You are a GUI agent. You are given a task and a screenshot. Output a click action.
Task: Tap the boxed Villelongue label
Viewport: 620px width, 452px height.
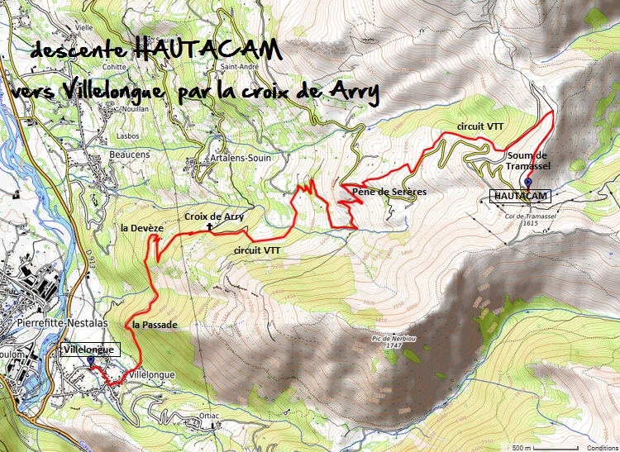(91, 350)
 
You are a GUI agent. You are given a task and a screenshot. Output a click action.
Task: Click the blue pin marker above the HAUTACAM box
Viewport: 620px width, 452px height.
(527, 183)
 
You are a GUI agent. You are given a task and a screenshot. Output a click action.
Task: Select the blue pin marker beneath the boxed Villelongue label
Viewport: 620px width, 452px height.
(90, 362)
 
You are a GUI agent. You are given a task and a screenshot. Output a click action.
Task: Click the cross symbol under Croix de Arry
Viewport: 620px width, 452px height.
(210, 226)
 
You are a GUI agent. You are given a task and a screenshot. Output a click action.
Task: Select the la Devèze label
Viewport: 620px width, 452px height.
(142, 226)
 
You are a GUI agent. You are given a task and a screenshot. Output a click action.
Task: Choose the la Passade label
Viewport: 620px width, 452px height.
(155, 325)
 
